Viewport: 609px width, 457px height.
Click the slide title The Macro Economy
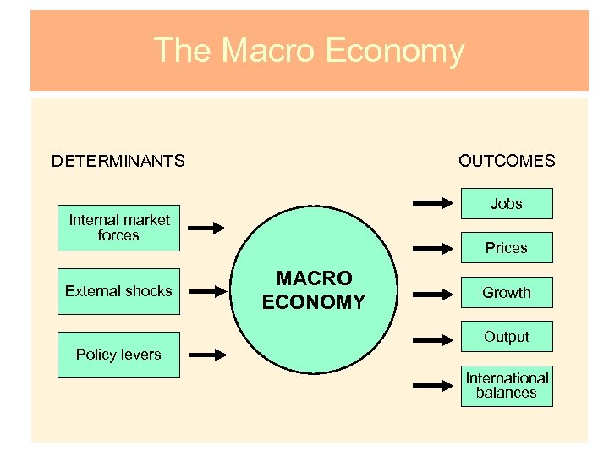[309, 51]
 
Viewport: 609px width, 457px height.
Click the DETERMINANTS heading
[118, 161]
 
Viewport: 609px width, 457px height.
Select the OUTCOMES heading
[507, 161]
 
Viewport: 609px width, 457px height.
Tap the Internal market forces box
[118, 228]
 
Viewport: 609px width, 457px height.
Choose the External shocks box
[118, 291]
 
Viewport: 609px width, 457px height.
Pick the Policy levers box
[118, 355]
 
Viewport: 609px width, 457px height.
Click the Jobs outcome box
[507, 204]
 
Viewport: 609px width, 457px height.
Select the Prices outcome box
[507, 248]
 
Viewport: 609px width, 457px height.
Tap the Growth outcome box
[507, 293]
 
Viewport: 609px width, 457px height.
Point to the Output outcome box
[507, 337]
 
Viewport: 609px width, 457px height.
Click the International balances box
[507, 385]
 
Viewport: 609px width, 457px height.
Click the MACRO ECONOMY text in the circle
[313, 290]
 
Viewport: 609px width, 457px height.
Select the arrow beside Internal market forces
[206, 228]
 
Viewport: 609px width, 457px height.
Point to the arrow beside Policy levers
[206, 355]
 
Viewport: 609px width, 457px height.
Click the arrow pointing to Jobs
[434, 203]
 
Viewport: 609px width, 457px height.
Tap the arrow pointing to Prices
[434, 248]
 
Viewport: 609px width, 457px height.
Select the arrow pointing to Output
[434, 339]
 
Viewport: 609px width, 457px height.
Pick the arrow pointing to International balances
[434, 385]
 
